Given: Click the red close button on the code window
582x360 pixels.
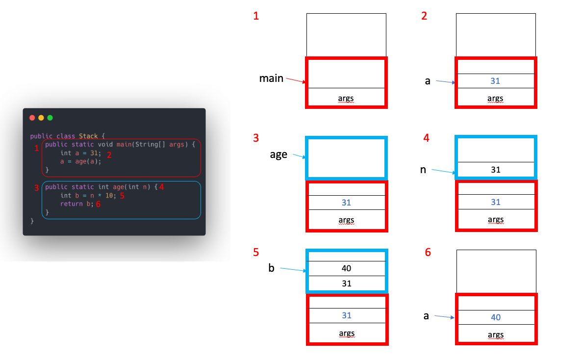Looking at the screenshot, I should [x=32, y=118].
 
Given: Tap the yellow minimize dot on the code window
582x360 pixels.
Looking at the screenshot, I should [x=41, y=118].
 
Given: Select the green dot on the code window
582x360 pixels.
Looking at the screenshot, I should [x=50, y=118].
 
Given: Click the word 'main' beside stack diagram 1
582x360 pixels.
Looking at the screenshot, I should [x=271, y=78].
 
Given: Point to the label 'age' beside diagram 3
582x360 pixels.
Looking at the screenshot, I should [x=278, y=155].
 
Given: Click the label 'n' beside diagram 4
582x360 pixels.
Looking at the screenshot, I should [x=423, y=170].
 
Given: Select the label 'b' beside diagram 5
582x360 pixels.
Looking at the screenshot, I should [x=271, y=268].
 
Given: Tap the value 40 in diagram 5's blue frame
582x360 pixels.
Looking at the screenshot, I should [x=346, y=268].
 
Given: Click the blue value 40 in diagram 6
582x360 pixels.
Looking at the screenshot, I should [x=496, y=317].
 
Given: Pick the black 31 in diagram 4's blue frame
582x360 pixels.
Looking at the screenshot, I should [x=496, y=170].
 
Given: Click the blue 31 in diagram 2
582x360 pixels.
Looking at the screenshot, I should [x=495, y=81].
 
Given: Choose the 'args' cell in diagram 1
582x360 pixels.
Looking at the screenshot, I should [x=346, y=99].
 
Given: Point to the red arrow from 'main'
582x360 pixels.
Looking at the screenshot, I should [x=296, y=81].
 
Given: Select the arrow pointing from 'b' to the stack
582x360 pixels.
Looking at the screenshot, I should [x=293, y=269].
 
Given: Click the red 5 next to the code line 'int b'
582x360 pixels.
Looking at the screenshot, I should [x=123, y=195].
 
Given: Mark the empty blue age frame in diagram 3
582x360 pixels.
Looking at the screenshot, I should [x=346, y=158].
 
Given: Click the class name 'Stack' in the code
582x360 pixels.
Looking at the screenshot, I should [x=88, y=136].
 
